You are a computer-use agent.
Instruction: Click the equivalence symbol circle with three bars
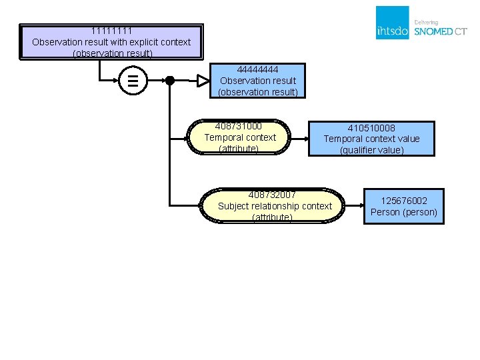pos(133,81)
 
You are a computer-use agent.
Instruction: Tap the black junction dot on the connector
pos(170,81)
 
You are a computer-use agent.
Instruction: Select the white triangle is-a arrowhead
pos(203,81)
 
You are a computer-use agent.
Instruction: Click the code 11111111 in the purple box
pos(111,31)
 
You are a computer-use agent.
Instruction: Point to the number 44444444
pos(257,70)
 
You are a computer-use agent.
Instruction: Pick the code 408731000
pos(239,126)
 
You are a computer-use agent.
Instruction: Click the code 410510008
pos(371,128)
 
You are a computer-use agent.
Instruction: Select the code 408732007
pos(272,195)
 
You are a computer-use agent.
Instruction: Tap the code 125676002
pos(404,201)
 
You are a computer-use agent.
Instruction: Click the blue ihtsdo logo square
pos(393,23)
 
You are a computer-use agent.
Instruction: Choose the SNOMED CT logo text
pos(441,31)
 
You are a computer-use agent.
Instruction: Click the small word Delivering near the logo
pos(426,23)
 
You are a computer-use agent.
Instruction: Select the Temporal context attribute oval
pos(239,137)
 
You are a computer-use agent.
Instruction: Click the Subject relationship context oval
pos(272,206)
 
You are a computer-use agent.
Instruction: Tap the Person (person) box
pos(404,206)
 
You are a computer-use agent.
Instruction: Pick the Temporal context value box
pos(371,139)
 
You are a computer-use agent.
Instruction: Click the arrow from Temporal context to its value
pos(299,139)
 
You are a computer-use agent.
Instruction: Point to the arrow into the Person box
pos(355,205)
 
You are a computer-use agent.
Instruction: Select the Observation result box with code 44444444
pos(257,81)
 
